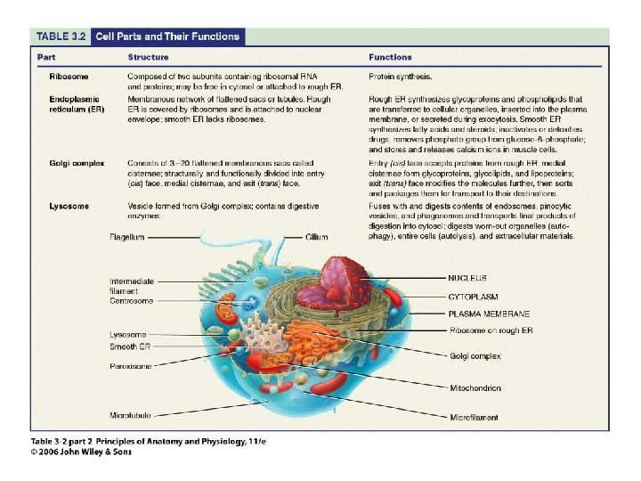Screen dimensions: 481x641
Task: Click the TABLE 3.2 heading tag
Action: pyautogui.click(x=61, y=37)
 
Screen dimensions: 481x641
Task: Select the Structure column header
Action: pyautogui.click(x=148, y=57)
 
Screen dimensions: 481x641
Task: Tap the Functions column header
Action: pyautogui.click(x=391, y=57)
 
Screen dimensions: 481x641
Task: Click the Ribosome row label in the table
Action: pyautogui.click(x=69, y=77)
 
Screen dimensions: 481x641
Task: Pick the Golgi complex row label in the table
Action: pyautogui.click(x=77, y=163)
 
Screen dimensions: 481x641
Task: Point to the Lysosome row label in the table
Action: pyautogui.click(x=69, y=207)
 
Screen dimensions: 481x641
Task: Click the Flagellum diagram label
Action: pyautogui.click(x=128, y=238)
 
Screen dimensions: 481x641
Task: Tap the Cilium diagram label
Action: pyautogui.click(x=316, y=238)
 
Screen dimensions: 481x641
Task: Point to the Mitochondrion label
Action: pyautogui.click(x=487, y=388)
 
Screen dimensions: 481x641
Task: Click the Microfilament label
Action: pyautogui.click(x=486, y=417)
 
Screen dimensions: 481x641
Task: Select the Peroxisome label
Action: pyautogui.click(x=131, y=365)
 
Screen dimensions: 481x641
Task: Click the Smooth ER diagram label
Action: pyautogui.click(x=130, y=346)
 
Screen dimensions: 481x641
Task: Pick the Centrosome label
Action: pyautogui.click(x=131, y=301)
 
